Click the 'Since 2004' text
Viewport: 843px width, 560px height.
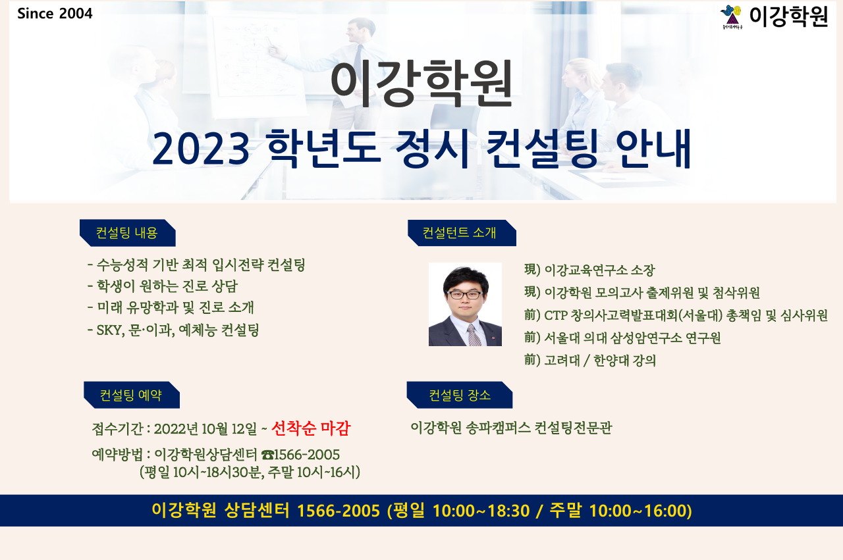(x=55, y=14)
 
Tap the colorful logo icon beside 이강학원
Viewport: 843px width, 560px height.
(x=731, y=17)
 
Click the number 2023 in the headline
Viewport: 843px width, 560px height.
(x=201, y=149)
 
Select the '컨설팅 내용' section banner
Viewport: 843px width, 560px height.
(x=128, y=233)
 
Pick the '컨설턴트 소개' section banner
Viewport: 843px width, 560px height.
(x=462, y=233)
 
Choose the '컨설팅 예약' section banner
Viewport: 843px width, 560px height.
(x=132, y=395)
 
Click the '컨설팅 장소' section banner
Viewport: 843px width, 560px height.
(x=460, y=395)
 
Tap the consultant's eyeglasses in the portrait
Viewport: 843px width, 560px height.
(x=465, y=295)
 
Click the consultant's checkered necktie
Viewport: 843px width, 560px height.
(x=474, y=335)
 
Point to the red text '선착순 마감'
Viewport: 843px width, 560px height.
(x=311, y=428)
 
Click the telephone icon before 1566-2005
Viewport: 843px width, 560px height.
(x=267, y=455)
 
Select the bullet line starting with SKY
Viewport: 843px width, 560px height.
(x=173, y=330)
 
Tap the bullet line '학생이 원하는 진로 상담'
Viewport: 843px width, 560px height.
(x=163, y=286)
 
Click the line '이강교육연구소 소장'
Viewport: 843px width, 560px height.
(x=589, y=270)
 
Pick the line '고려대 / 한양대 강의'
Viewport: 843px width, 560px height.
(x=590, y=361)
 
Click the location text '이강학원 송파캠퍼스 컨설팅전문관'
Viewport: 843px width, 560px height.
(x=512, y=428)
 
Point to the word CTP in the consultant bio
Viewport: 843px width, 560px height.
(x=555, y=315)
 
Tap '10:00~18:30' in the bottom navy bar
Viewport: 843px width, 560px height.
(x=481, y=511)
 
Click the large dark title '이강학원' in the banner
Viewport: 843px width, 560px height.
(x=421, y=84)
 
